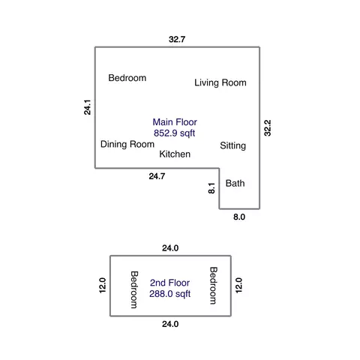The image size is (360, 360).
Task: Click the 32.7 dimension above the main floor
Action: [177, 39]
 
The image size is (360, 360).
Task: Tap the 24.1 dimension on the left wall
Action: [87, 107]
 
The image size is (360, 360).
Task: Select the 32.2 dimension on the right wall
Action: [268, 128]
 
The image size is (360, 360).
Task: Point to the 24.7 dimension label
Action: [157, 176]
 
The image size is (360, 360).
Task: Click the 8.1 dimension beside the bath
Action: [211, 188]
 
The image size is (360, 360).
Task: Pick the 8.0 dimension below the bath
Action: [239, 217]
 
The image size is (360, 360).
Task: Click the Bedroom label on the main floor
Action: [127, 78]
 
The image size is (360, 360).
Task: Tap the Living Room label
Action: [220, 82]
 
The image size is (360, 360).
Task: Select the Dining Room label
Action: [127, 144]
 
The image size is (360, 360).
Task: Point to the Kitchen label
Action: [175, 154]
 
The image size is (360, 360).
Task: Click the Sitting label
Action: [233, 145]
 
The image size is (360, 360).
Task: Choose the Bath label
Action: [235, 183]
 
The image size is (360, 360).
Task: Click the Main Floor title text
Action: [175, 122]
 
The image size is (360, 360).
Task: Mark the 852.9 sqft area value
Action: [175, 133]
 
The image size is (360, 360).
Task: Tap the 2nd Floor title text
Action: [169, 283]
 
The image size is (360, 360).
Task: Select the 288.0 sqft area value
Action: [170, 294]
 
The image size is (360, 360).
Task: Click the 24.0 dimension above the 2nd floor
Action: [170, 248]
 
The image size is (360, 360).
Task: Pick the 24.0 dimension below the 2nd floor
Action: [170, 324]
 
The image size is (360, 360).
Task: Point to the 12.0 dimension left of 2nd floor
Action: [103, 285]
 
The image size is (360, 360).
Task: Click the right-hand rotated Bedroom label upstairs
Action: [213, 286]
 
